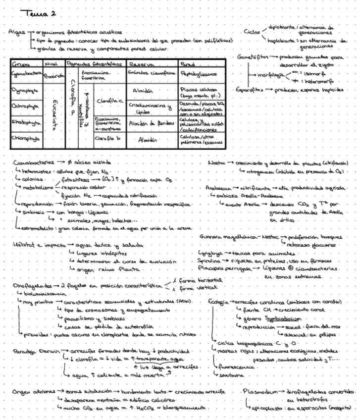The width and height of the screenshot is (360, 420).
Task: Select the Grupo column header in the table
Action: coord(21,64)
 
